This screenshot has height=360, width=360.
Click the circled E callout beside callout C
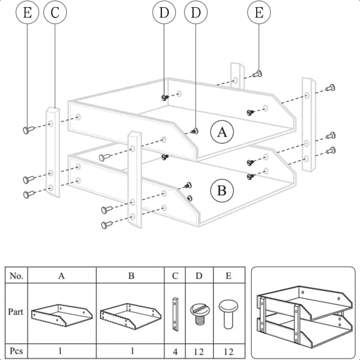click(x=27, y=13)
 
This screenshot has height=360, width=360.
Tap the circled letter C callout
click(x=55, y=13)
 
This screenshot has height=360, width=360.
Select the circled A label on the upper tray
click(x=222, y=132)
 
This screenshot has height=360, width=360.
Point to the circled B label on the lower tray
click(x=221, y=191)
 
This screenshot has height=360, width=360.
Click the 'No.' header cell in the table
click(x=16, y=276)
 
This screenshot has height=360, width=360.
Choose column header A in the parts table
click(x=62, y=276)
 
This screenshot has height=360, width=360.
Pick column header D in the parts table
click(x=199, y=276)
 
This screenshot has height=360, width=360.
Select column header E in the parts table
click(x=228, y=276)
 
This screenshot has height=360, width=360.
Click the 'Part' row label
click(x=16, y=312)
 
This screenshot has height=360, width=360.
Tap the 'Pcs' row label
click(x=16, y=351)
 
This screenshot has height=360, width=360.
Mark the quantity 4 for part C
click(x=175, y=352)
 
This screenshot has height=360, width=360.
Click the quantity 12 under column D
click(x=199, y=352)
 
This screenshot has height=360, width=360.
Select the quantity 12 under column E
click(x=228, y=352)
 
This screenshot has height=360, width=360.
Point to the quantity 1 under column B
click(x=132, y=352)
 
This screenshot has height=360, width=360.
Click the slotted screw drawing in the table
click(x=199, y=313)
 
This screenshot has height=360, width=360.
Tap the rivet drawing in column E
click(x=228, y=313)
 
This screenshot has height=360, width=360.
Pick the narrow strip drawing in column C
click(x=175, y=314)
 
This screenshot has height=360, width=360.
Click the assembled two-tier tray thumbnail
click(x=303, y=313)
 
